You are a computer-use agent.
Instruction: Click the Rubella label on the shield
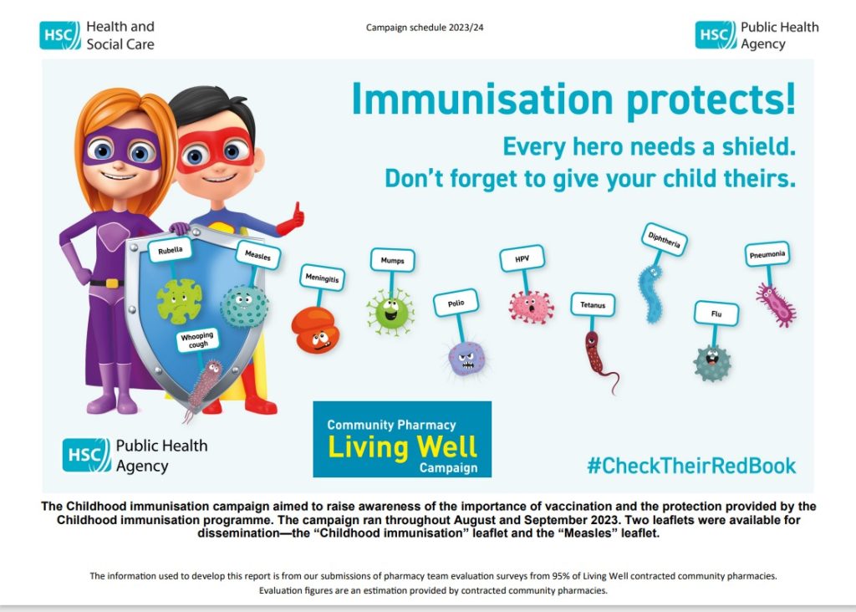171,250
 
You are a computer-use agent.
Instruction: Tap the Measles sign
257,255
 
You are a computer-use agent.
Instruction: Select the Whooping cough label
197,339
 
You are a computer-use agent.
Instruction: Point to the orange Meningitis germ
315,329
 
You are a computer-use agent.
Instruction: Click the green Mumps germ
390,313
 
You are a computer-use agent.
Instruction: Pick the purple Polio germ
466,358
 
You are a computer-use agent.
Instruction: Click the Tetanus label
593,304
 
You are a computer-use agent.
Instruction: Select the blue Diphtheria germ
650,293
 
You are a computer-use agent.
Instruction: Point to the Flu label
716,314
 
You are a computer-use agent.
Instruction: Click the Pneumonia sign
767,254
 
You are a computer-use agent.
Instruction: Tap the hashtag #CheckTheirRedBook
691,466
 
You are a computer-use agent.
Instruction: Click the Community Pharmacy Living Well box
402,440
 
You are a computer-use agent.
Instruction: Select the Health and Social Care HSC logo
60,35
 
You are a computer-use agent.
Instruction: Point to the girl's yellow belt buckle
111,283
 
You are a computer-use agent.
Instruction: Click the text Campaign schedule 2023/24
425,28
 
